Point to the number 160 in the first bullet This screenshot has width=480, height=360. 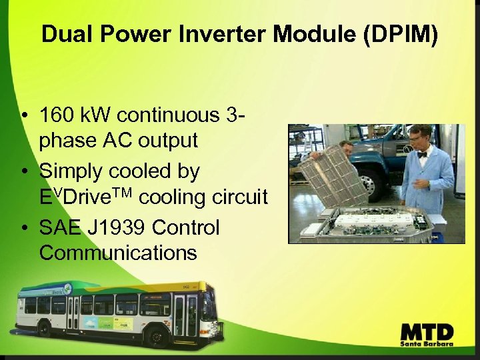click(x=59, y=115)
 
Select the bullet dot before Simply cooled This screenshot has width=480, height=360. click(x=24, y=172)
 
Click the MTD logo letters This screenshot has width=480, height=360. click(x=427, y=331)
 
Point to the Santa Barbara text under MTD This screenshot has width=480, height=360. click(x=427, y=345)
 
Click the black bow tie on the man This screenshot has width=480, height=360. click(x=421, y=154)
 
